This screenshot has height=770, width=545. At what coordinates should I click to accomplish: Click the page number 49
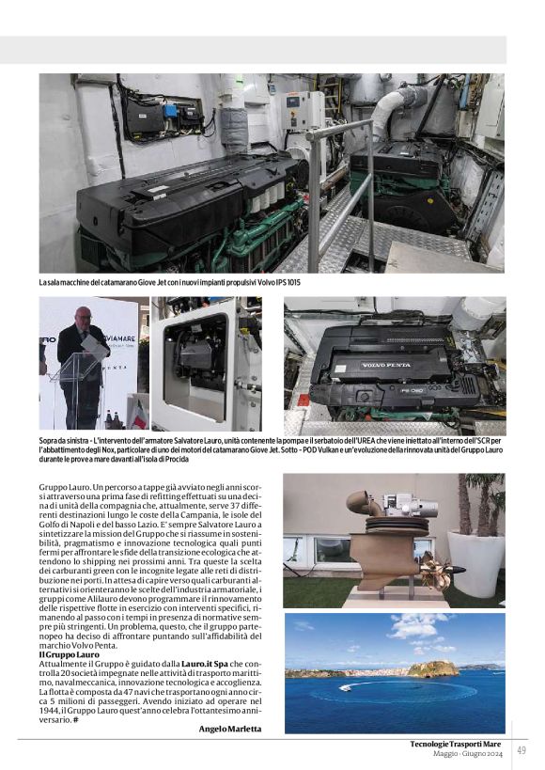[521, 749]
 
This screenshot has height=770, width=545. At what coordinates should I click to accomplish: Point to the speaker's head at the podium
[84, 319]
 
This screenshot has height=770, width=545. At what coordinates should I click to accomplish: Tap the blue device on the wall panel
[170, 110]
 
